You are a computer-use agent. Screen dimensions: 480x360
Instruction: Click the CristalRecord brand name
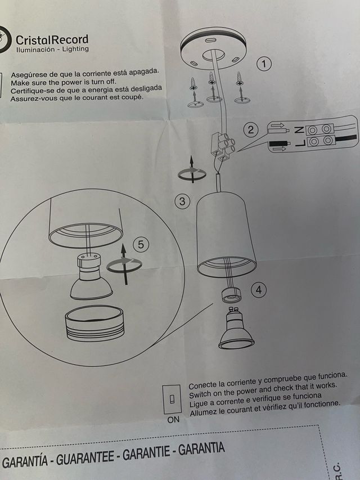pos(52,39)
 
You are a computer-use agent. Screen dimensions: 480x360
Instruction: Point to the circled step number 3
pos(182,201)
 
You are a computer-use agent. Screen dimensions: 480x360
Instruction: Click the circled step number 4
pos(258,290)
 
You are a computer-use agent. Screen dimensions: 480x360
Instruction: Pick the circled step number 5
pos(141,244)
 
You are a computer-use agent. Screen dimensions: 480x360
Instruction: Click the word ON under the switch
pos(173,420)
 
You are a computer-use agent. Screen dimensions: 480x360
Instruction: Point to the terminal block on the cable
pos(220,145)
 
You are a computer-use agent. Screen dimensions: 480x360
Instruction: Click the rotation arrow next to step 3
pos(192,172)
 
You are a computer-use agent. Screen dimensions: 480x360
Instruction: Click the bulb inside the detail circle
pos(91,279)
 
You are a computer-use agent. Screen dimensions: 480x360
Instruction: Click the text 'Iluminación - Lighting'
pos(52,50)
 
